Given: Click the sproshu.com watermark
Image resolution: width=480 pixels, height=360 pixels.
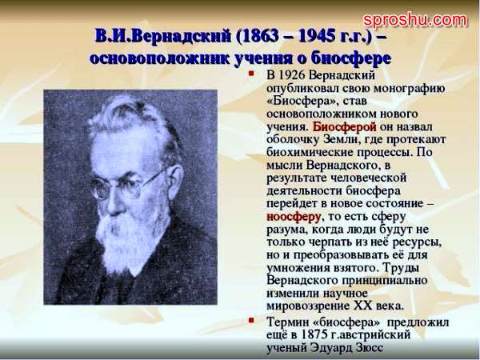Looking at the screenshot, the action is pyautogui.click(x=415, y=20).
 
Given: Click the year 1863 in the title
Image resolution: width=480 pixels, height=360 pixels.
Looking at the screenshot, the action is pyautogui.click(x=265, y=37).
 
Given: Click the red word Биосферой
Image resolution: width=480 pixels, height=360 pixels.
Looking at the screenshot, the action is pyautogui.click(x=344, y=126).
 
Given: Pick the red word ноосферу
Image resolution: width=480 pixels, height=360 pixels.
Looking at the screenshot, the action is pyautogui.click(x=294, y=217).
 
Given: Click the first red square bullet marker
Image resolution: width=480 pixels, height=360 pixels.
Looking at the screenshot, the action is pyautogui.click(x=251, y=74).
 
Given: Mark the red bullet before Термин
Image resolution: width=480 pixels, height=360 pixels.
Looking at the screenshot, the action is pyautogui.click(x=251, y=320).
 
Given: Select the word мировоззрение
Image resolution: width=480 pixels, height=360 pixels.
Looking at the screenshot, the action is pyautogui.click(x=308, y=306).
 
